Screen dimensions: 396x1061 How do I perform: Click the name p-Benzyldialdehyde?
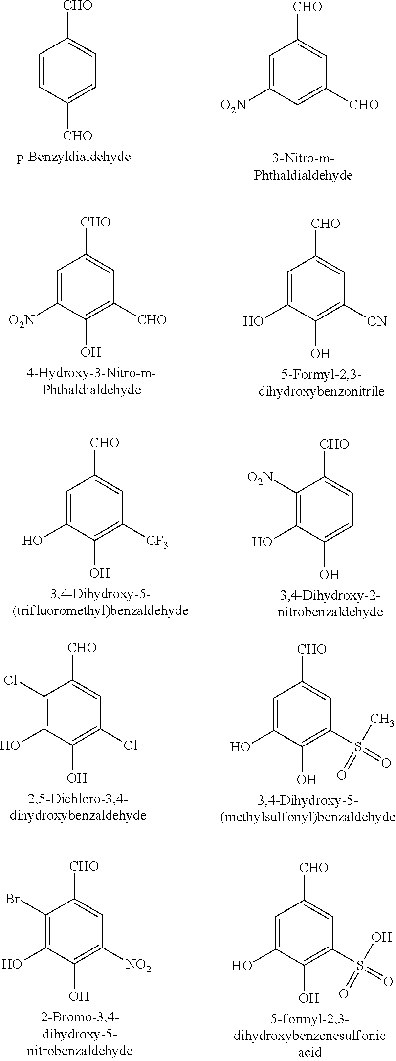coord(73,157)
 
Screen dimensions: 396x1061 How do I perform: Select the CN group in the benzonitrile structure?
coord(377,321)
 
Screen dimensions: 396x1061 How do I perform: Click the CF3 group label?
coord(157,542)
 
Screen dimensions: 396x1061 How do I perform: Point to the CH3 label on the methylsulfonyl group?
coord(382,719)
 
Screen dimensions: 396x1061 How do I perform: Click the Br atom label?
coord(14,899)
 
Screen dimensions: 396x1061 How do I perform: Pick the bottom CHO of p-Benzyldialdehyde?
coord(78,135)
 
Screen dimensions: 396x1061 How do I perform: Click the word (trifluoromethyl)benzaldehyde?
coord(100,611)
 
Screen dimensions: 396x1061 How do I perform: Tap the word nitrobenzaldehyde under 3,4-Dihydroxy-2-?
coord(330,612)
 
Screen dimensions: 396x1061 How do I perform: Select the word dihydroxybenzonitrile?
coord(322,391)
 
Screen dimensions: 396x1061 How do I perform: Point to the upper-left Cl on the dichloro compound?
coord(11,680)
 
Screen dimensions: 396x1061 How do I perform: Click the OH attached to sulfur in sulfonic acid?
coord(382,938)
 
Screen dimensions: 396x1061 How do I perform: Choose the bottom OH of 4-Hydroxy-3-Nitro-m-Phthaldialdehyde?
coord(90,352)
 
